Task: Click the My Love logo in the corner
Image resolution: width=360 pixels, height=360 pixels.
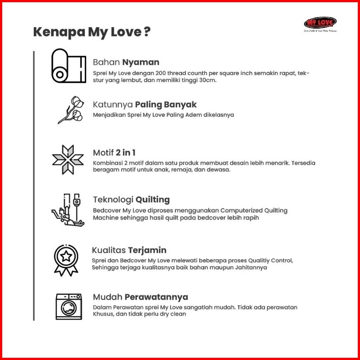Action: (x=320, y=23)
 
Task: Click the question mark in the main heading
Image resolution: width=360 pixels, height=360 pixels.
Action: (x=147, y=32)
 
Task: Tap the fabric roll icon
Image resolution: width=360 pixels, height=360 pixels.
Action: (x=68, y=66)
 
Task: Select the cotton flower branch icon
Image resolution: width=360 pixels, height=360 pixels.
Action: (x=71, y=110)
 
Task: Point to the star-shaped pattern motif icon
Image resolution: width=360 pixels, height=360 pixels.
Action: (x=68, y=159)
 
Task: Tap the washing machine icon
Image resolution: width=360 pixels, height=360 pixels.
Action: (x=68, y=306)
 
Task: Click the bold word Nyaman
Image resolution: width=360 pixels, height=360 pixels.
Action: (x=141, y=62)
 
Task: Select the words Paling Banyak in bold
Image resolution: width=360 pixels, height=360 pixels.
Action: (x=166, y=104)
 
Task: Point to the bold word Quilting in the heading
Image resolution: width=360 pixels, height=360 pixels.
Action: (x=152, y=200)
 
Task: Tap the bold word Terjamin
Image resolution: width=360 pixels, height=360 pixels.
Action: (x=147, y=250)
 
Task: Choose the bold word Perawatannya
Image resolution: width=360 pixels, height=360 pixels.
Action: (x=156, y=297)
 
